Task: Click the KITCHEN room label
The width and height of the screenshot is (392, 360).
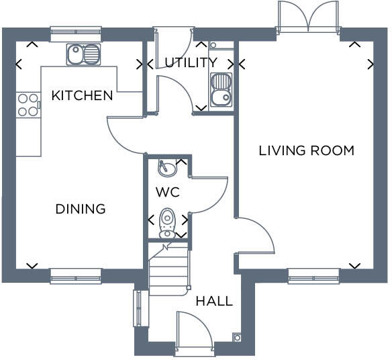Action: pyautogui.click(x=82, y=95)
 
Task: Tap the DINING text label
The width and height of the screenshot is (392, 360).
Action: pyautogui.click(x=80, y=209)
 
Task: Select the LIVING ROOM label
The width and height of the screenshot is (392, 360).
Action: pyautogui.click(x=306, y=150)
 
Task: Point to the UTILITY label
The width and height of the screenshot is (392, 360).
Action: pyautogui.click(x=191, y=62)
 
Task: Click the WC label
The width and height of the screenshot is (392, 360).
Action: pyautogui.click(x=167, y=192)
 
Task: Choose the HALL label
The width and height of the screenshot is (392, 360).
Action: pyautogui.click(x=213, y=301)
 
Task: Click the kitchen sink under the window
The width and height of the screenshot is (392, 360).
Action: pyautogui.click(x=83, y=54)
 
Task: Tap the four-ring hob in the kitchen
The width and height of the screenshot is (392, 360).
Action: pyautogui.click(x=28, y=105)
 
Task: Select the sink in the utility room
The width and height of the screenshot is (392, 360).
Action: pyautogui.click(x=221, y=91)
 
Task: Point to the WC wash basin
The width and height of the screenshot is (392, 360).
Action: pyautogui.click(x=166, y=167)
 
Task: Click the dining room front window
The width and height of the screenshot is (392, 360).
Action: pyautogui.click(x=76, y=275)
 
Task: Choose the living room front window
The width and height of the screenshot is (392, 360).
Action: pyautogui.click(x=313, y=275)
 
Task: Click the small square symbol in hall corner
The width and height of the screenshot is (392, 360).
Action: pyautogui.click(x=236, y=337)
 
